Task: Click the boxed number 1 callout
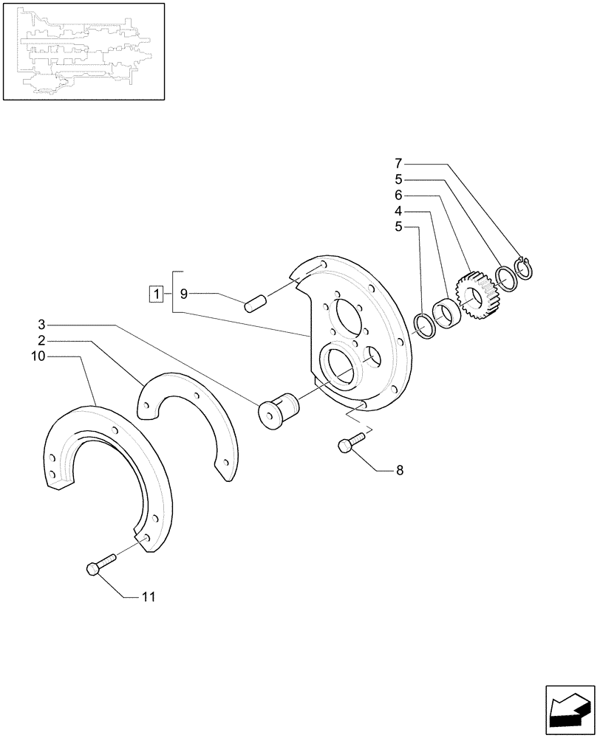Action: (x=155, y=294)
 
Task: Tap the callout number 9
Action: (x=184, y=294)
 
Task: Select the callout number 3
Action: (x=42, y=324)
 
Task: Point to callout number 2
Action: (x=42, y=340)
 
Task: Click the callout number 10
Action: (x=38, y=356)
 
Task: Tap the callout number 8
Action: (x=400, y=469)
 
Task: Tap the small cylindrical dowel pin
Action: (x=255, y=303)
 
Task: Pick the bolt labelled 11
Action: (x=100, y=567)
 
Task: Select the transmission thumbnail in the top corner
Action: (x=83, y=51)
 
